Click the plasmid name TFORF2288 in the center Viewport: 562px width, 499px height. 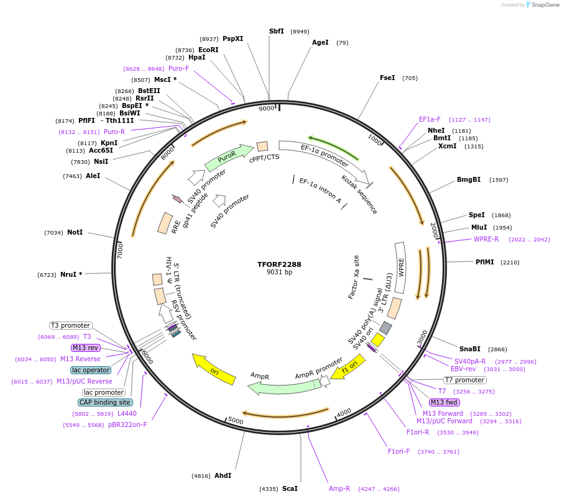[x=279, y=264]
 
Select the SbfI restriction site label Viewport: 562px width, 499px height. [x=276, y=31]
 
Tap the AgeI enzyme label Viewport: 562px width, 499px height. [x=320, y=43]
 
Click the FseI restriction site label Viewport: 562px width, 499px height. [x=387, y=78]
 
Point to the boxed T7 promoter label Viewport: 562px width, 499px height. [x=464, y=380]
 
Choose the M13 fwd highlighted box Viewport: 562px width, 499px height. [x=445, y=402]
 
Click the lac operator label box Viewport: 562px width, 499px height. [x=91, y=370]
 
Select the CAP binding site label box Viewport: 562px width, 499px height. [x=106, y=402]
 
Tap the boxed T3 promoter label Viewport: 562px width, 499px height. [x=71, y=325]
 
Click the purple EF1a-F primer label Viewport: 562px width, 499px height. [x=430, y=119]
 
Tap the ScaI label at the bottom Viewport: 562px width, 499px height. [x=290, y=488]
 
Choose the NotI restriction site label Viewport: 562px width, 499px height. [x=75, y=232]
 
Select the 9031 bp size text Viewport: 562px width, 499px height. [x=279, y=272]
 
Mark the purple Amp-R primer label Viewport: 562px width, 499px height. [x=339, y=488]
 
